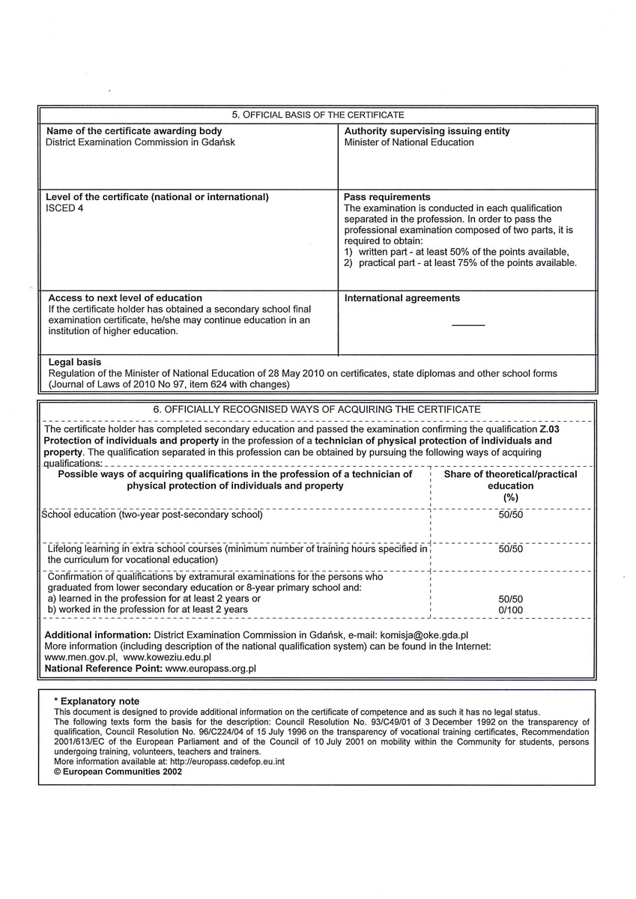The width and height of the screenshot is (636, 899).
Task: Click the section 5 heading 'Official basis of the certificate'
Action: [x=318, y=115]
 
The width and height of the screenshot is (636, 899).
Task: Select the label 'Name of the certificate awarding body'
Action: [x=134, y=131]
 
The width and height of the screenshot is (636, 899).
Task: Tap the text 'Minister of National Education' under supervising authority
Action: [x=409, y=142]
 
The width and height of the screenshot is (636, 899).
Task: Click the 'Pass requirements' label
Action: [x=387, y=197]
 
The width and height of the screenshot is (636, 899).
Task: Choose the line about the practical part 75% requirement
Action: [x=461, y=263]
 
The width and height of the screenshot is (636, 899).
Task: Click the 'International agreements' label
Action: [x=402, y=298]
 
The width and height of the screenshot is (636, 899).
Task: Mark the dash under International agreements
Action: [x=468, y=324]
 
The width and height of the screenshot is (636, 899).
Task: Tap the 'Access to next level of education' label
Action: [x=125, y=298]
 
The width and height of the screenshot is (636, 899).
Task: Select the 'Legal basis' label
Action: [x=75, y=362]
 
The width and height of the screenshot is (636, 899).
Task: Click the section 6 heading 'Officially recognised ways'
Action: [x=317, y=410]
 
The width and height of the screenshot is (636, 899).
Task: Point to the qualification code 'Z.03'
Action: [x=549, y=430]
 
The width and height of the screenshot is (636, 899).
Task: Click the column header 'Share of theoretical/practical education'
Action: [x=511, y=485]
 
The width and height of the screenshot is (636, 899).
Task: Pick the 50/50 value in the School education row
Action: [x=511, y=515]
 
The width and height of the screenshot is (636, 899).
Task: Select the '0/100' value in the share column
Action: [x=511, y=610]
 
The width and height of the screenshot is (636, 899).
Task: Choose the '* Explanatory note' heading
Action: [x=97, y=701]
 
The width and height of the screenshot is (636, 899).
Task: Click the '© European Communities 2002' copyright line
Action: [x=118, y=771]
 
